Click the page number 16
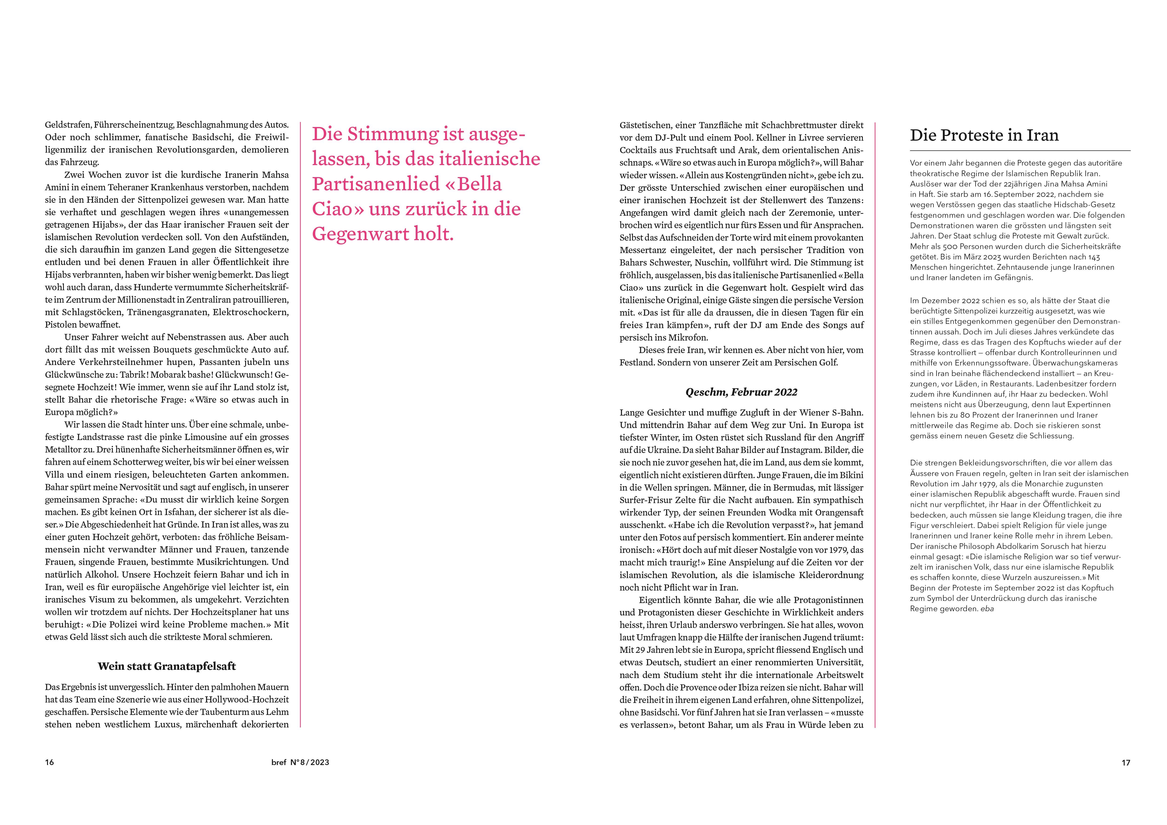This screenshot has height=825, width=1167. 49,762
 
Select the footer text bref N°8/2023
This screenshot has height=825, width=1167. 300,762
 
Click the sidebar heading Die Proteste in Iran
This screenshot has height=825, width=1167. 984,135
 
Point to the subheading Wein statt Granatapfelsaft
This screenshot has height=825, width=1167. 167,666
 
